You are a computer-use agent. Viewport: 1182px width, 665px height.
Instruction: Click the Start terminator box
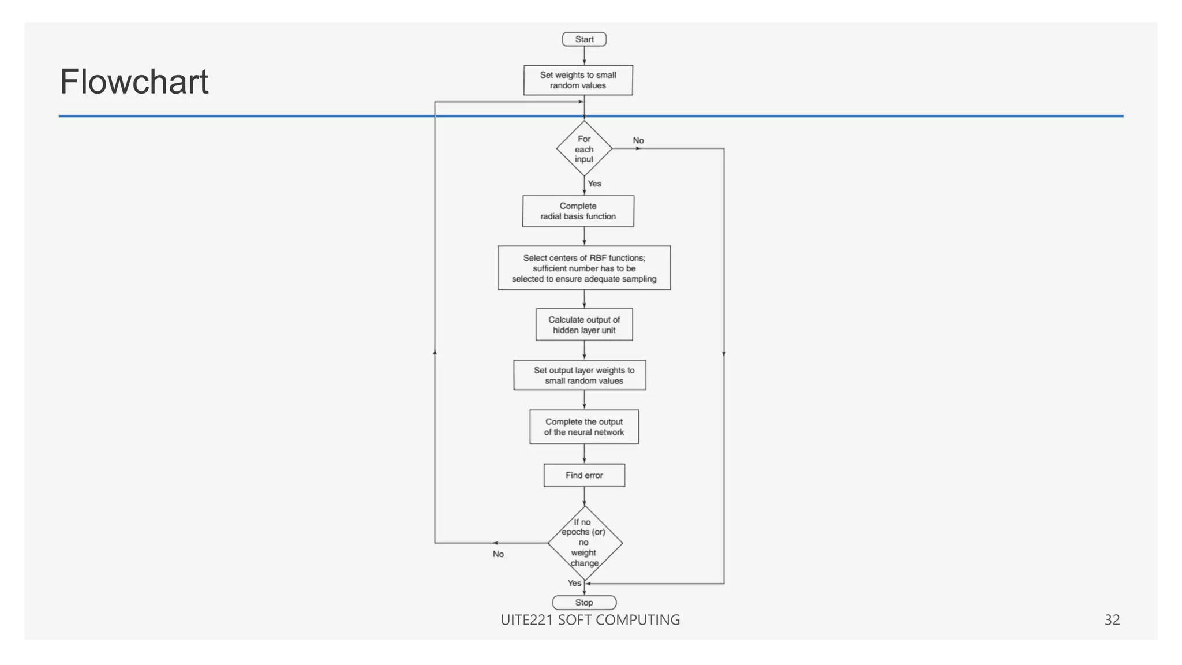(584, 39)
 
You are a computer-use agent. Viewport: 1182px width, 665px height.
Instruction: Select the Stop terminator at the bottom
(584, 602)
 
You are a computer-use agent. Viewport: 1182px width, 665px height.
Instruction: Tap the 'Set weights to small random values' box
(578, 80)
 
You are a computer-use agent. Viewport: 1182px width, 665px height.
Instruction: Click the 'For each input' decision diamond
(584, 149)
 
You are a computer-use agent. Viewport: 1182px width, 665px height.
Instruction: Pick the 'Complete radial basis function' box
(578, 211)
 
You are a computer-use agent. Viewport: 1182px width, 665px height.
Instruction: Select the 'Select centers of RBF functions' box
(584, 268)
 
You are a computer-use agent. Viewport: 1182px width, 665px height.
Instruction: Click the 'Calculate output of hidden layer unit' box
(584, 324)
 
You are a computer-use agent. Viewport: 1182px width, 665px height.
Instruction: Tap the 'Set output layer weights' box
(579, 375)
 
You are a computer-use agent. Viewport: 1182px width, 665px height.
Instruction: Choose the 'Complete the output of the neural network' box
(584, 427)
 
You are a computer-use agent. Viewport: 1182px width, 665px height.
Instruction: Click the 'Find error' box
(584, 475)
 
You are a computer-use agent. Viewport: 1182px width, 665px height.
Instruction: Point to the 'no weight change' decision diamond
(585, 543)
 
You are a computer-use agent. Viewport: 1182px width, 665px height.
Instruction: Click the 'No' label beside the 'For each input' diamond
(638, 140)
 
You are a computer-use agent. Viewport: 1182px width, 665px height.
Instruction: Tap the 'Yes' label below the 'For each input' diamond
(594, 184)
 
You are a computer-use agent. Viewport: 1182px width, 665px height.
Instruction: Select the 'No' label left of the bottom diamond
(498, 554)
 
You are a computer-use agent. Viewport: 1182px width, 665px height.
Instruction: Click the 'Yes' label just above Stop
(574, 583)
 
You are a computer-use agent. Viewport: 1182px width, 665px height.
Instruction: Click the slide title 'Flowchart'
(134, 81)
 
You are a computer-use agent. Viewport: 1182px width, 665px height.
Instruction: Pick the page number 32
(1112, 619)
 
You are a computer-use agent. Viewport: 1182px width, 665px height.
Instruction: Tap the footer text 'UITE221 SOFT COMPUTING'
(590, 619)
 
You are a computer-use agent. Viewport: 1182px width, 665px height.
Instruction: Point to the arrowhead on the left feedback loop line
(435, 352)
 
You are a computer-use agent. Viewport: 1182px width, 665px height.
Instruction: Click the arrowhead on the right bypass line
(724, 353)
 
